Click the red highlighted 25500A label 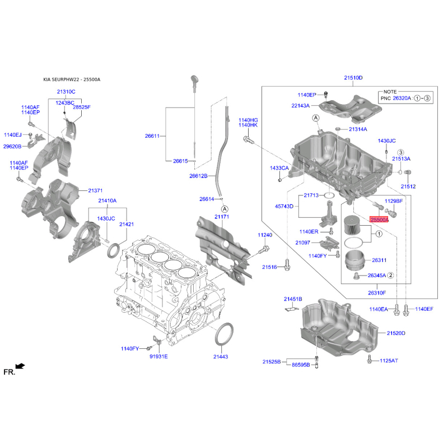point(379,220)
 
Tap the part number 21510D point(353,78)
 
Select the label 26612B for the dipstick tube point(198,176)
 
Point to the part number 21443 point(221,357)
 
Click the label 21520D point(396,333)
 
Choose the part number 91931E point(158,357)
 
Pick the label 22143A point(301,106)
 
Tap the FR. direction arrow point(20,366)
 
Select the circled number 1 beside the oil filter point(379,234)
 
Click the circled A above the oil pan point(316,118)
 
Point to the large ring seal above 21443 point(223,334)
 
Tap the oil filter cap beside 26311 point(354,260)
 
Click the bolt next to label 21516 point(287,265)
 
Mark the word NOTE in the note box point(390,92)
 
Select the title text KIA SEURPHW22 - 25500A point(72,80)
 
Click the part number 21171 point(222,217)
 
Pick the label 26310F point(377,293)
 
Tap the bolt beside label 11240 point(264,249)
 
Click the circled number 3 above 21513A point(401,152)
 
